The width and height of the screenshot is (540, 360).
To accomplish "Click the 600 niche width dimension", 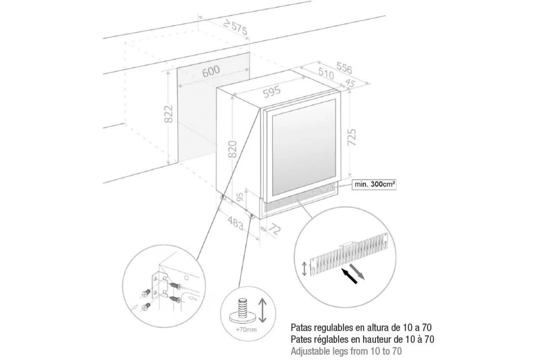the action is tap(211, 72).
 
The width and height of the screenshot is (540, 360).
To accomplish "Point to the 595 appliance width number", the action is tap(272, 92).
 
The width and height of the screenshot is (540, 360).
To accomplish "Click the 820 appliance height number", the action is tap(233, 149).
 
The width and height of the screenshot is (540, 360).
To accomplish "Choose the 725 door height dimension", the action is tap(352, 137).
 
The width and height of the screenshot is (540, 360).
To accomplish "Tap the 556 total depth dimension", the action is tap(344, 68).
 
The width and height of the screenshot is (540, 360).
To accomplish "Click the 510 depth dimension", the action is tap(326, 73).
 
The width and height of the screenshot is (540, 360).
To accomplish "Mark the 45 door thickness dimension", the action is tap(350, 83).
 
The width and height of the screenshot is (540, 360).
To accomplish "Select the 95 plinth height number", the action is tap(240, 197).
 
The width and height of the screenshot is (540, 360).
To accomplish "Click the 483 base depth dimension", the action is tap(235, 223).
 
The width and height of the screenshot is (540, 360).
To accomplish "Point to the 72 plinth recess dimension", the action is tap(274, 229).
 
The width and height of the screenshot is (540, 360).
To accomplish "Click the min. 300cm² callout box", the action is tap(374, 184).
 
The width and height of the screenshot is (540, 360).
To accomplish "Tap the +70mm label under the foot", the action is tap(247, 329).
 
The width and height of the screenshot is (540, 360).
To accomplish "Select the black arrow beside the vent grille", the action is tap(349, 276).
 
